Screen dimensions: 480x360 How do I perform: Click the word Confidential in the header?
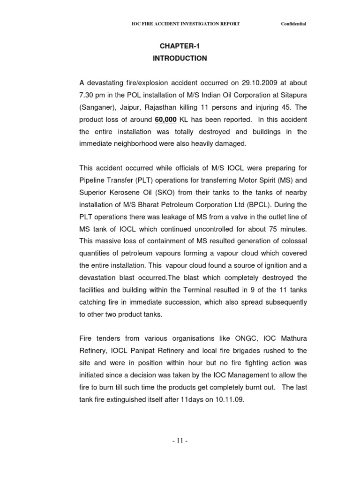293,24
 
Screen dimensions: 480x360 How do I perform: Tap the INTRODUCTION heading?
180,59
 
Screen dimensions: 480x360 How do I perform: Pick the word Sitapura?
292,95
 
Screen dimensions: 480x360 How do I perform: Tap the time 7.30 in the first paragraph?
87,95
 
